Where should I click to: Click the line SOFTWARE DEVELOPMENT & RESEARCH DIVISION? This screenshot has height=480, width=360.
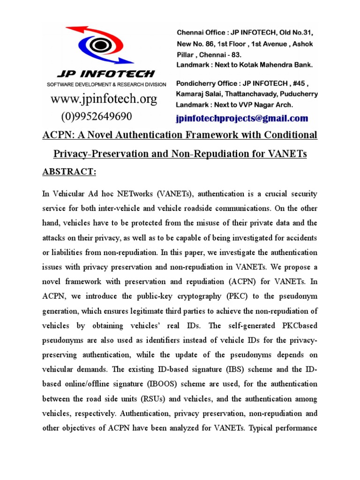click(x=106, y=84)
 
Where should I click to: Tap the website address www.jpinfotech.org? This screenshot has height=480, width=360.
click(x=104, y=99)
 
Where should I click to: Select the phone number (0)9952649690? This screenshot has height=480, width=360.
click(x=97, y=116)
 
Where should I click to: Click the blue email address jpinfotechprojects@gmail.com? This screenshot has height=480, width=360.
click(x=242, y=118)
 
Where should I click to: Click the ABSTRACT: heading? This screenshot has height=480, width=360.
click(x=69, y=172)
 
